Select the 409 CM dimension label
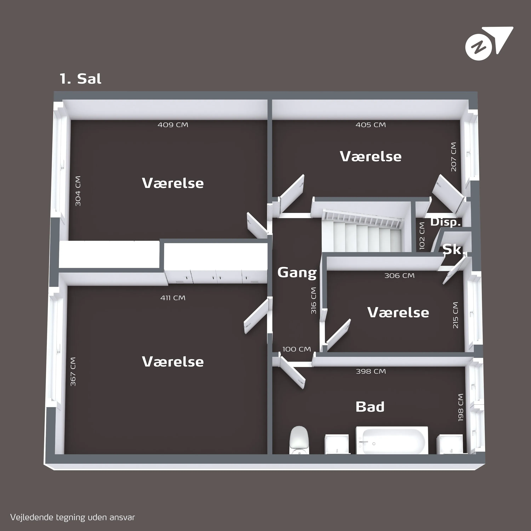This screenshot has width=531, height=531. (173, 125)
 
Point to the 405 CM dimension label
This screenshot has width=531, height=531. (371, 125)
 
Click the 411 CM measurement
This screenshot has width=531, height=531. (173, 298)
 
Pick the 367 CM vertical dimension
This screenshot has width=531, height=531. (73, 372)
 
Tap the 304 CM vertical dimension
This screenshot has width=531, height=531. (78, 191)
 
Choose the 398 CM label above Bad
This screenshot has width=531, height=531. (371, 371)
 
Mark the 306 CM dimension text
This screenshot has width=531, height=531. (399, 275)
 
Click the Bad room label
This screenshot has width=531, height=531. (370, 407)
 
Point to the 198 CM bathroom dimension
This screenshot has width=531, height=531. (461, 407)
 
